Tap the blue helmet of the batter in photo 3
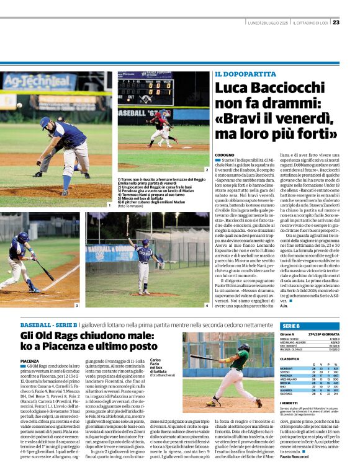[x=22, y=237]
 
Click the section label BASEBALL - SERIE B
[x=48, y=325]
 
